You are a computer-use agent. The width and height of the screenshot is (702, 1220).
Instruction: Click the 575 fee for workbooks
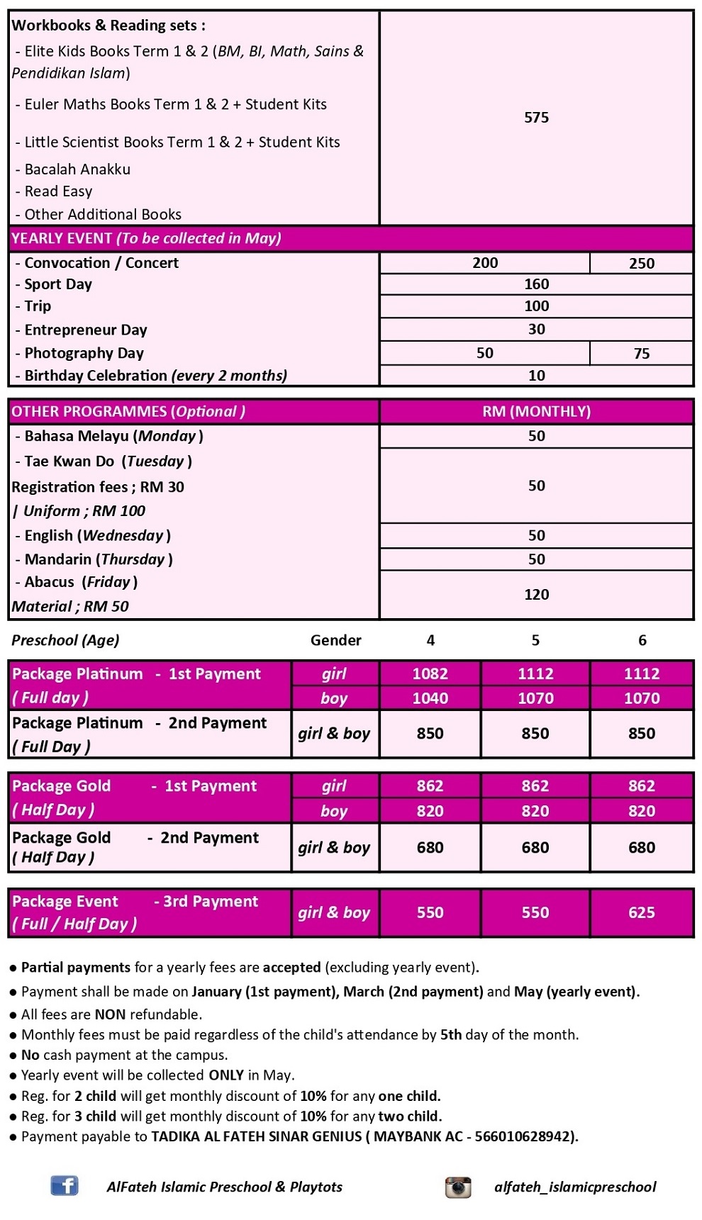(536, 118)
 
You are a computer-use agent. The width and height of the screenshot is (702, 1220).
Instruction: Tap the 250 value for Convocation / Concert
(641, 263)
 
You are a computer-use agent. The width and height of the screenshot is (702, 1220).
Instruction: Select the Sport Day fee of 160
(536, 284)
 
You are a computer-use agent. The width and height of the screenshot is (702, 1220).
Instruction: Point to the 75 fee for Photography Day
(641, 353)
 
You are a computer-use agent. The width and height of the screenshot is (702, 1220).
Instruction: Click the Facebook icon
(64, 1185)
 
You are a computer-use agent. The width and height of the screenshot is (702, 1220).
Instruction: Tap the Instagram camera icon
(458, 1187)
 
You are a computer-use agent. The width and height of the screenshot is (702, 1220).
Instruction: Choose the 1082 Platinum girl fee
(430, 673)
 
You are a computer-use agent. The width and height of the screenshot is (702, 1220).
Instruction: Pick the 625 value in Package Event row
(641, 912)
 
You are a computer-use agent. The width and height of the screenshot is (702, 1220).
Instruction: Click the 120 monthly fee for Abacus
(536, 594)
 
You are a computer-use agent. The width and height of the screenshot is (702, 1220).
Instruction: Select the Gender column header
(335, 640)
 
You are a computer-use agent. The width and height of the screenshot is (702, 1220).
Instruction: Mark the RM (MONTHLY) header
(536, 411)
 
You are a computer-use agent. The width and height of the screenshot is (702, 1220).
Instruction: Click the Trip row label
(38, 306)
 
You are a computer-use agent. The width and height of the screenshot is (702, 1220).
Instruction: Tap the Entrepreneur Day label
(85, 330)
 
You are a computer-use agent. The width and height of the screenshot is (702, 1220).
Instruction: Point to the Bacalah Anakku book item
(77, 169)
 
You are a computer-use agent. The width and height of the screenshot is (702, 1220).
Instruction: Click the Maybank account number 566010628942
(523, 1136)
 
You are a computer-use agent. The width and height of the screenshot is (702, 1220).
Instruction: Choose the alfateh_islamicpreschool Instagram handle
(575, 1187)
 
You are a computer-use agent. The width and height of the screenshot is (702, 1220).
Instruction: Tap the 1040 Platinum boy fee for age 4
(430, 698)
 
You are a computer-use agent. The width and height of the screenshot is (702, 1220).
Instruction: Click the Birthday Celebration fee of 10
(536, 376)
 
